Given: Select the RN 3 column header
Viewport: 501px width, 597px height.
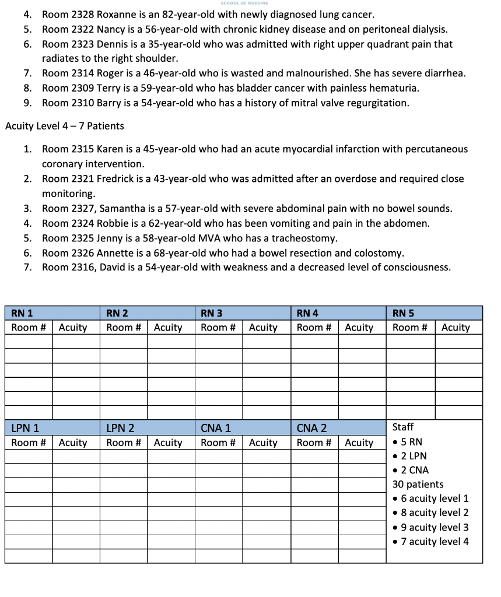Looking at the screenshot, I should tap(211, 313).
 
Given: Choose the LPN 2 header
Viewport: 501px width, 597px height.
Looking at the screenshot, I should tap(120, 429).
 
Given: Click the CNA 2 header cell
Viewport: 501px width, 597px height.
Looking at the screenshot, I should tap(311, 429).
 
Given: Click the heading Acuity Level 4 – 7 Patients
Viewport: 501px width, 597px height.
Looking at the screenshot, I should tap(64, 126).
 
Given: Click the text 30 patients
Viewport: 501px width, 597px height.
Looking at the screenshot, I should tap(418, 484).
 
